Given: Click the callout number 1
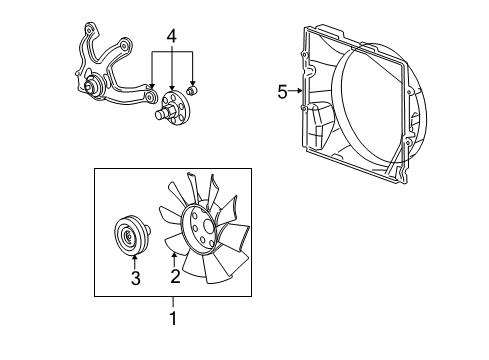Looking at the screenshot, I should (171, 320).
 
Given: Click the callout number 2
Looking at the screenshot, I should (174, 276).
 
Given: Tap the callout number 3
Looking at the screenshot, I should (135, 279).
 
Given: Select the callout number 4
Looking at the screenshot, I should (172, 37).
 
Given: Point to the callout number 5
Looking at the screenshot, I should (283, 92).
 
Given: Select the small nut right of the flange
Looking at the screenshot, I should (193, 92).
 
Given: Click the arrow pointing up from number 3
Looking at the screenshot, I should (135, 262).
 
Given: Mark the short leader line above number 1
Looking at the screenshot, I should (171, 304).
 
